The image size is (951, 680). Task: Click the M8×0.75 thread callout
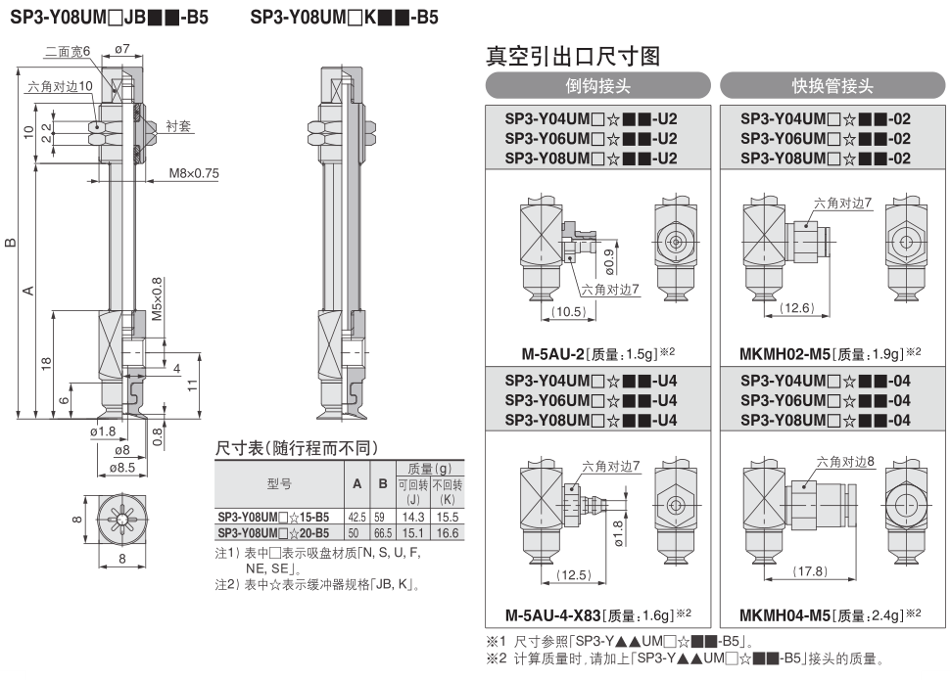coord(194,173)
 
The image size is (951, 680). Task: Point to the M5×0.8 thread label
coord(157,298)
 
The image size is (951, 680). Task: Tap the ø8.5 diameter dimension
coord(122,468)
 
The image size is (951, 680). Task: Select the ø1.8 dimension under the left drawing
coord(103,431)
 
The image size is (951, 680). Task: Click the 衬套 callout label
coord(178,126)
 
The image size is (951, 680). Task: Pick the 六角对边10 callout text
coord(60,87)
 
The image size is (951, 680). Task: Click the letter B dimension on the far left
coord(11,243)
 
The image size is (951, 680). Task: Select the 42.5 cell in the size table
coord(357,517)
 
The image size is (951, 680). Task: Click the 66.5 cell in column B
coord(383,532)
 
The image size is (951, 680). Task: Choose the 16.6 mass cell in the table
coord(448,532)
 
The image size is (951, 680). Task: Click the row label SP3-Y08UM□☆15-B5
coord(273,517)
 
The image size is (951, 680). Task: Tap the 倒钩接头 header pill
coord(598,85)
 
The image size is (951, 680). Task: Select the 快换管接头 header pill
coord(832,85)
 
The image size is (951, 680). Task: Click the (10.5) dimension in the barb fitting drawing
coord(568,311)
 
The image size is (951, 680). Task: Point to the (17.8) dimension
coord(810,571)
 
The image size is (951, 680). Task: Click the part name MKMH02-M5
coord(785,354)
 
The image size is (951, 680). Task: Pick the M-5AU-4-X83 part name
coord(553,615)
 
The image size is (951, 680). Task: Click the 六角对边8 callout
coord(845,462)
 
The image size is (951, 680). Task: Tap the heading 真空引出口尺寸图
coord(573,57)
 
